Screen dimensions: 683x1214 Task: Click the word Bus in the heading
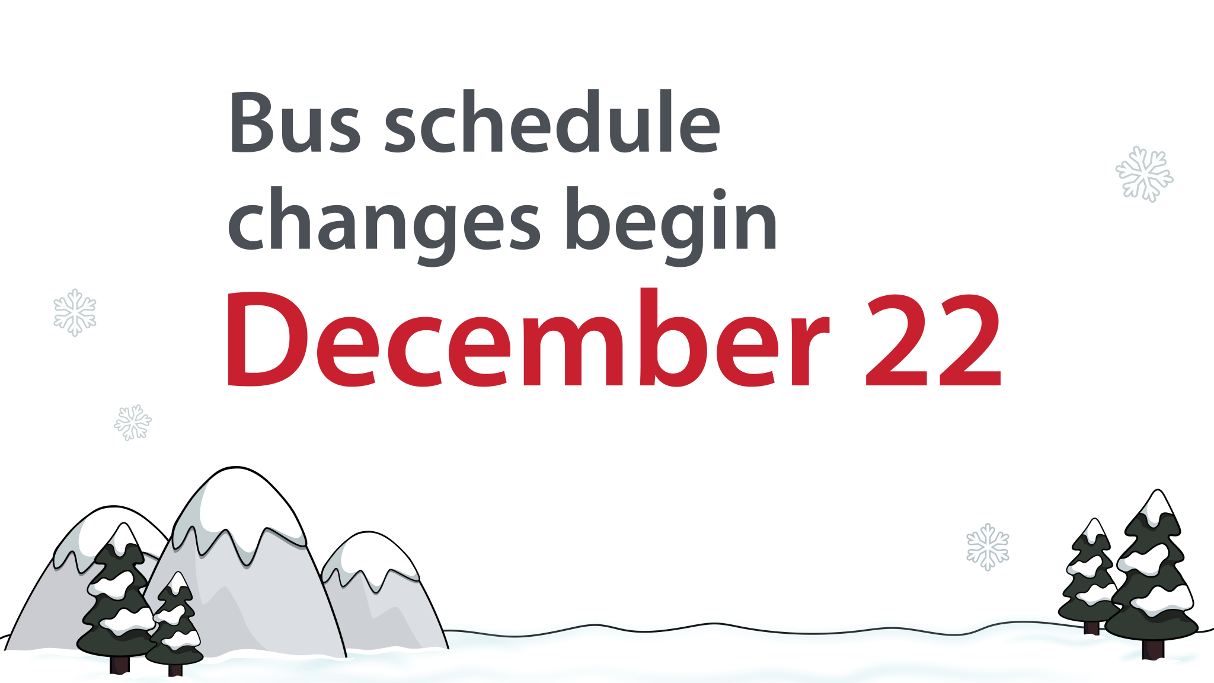click(x=294, y=123)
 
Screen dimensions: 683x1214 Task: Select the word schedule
click(x=552, y=123)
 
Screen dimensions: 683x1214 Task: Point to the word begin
click(x=671, y=223)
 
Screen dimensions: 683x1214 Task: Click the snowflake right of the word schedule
click(x=1144, y=174)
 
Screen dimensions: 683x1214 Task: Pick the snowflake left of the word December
click(x=75, y=312)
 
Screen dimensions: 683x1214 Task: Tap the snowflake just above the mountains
click(x=133, y=422)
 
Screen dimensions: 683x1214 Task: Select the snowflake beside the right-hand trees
click(x=988, y=547)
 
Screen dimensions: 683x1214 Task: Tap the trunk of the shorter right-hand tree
click(x=1091, y=627)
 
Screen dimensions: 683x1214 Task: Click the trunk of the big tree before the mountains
click(x=119, y=664)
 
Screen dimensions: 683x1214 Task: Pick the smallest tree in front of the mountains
click(x=175, y=623)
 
